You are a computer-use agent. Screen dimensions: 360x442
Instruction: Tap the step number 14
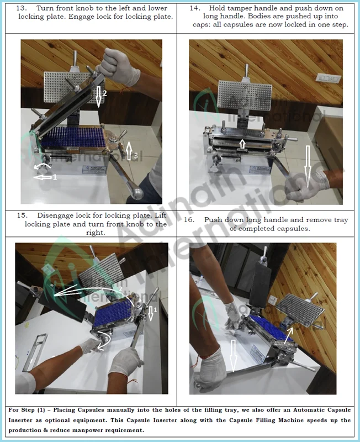tap(195, 8)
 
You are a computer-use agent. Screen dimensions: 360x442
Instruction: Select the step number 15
tap(22, 215)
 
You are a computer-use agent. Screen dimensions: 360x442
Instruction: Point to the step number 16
tap(189, 220)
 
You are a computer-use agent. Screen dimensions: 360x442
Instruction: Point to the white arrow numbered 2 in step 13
tap(99, 97)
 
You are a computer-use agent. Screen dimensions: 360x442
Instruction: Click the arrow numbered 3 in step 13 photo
tap(129, 150)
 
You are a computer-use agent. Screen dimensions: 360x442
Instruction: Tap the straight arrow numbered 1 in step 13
tap(43, 177)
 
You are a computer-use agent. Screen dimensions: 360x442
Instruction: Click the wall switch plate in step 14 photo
tap(329, 77)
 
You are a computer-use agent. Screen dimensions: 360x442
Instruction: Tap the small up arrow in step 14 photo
tap(242, 144)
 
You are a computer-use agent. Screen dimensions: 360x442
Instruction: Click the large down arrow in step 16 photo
tap(233, 355)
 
